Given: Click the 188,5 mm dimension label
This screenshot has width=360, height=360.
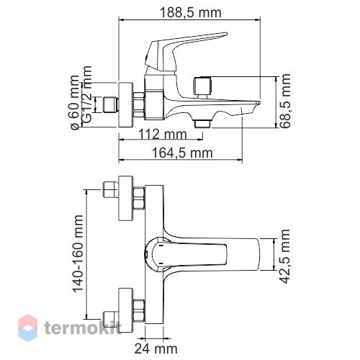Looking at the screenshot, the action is [x=190, y=13].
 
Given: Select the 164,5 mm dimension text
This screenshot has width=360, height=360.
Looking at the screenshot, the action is [x=182, y=153].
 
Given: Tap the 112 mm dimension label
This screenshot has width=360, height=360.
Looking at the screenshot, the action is [x=163, y=134].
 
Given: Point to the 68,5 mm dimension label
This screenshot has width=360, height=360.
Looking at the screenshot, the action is [x=286, y=101].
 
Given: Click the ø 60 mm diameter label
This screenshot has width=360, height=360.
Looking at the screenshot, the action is [x=75, y=103].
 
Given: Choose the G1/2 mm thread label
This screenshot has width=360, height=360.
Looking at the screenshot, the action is [x=87, y=94].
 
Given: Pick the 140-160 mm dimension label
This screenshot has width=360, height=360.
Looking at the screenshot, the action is [x=78, y=253].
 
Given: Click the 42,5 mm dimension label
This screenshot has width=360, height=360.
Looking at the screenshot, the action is [x=285, y=256].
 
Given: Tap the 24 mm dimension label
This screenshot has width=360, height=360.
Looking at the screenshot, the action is [x=156, y=348].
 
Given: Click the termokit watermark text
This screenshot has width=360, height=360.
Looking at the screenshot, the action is [x=83, y=328].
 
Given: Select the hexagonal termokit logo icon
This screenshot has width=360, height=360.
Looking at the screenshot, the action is [x=28, y=328].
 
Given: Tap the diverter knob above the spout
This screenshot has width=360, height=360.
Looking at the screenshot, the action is [x=203, y=87].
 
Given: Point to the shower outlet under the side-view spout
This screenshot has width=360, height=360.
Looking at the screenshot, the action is [x=202, y=124].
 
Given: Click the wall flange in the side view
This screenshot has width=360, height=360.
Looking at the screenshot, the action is [x=126, y=105].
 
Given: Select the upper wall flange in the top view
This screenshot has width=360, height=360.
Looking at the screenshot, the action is [x=126, y=198].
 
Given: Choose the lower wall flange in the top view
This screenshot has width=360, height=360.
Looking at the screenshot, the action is [x=126, y=310].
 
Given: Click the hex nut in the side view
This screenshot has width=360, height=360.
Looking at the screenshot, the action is [x=139, y=105].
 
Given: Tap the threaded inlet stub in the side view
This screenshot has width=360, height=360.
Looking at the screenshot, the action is [x=111, y=104].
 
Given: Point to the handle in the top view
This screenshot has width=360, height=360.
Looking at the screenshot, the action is [x=186, y=254].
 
